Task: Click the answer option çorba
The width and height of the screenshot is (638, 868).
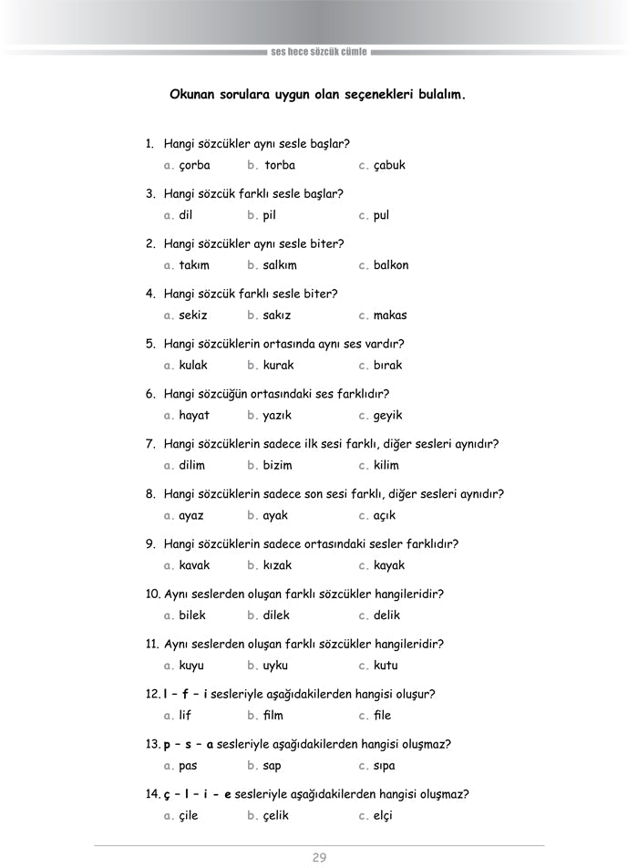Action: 194,166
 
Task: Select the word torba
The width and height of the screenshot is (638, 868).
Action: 280,166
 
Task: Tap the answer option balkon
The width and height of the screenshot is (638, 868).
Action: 391,265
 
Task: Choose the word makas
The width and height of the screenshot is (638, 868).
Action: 390,315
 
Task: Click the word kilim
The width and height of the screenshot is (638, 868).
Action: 386,465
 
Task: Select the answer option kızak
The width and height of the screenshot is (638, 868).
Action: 278,565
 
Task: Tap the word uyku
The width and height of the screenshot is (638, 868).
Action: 275,666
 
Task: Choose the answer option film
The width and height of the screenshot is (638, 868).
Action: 273,716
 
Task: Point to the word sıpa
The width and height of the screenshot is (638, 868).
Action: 385,766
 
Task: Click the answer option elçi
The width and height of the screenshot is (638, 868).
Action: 383,816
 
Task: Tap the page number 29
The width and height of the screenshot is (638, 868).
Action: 319,857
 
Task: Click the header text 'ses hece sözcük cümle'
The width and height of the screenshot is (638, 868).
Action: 319,52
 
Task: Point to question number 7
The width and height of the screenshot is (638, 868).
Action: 150,444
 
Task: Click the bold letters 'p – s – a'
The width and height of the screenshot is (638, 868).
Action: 189,744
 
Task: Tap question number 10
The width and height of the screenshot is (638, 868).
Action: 153,594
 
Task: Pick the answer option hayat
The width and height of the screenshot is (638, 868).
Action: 194,416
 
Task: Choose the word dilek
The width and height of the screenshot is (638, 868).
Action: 276,615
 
